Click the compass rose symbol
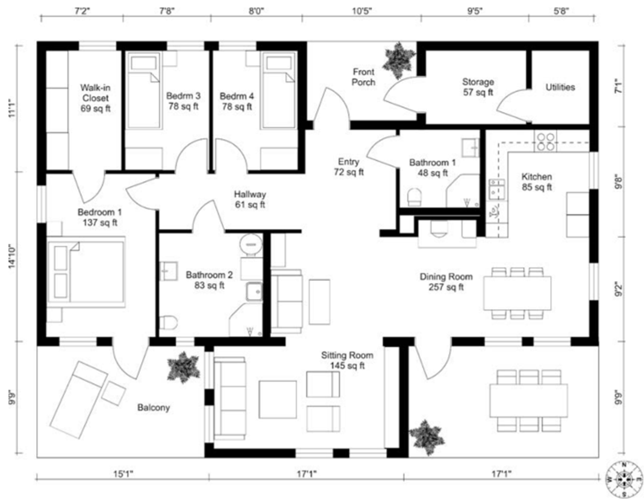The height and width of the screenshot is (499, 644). [x=624, y=480]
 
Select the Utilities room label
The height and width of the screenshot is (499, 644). [x=560, y=87]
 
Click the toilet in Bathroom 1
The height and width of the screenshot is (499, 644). [x=414, y=196]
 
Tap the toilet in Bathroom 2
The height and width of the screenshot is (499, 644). [x=168, y=322]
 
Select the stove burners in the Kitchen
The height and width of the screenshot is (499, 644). [x=546, y=142]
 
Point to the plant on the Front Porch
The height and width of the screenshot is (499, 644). [x=400, y=60]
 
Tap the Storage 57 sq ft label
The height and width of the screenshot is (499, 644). [x=478, y=87]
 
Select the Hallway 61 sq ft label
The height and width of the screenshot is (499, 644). [x=250, y=199]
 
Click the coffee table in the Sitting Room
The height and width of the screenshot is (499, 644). [x=277, y=400]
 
